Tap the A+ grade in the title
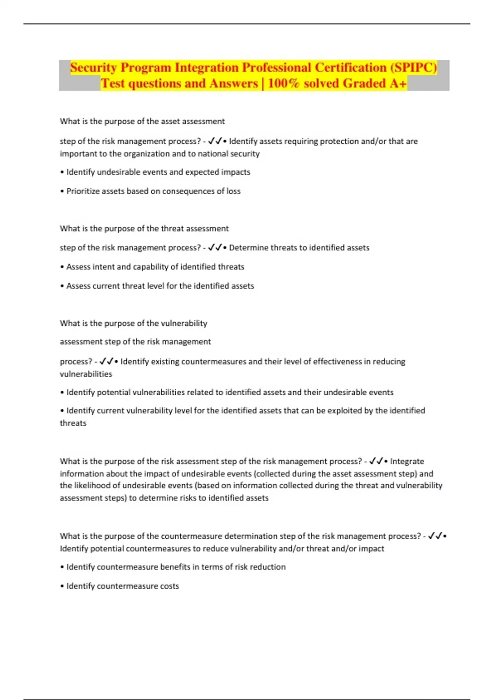point(398,84)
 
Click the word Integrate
point(407,461)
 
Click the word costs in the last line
point(169,586)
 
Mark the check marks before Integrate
point(376,461)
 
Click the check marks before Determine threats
point(215,247)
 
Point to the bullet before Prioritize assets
point(62,191)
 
